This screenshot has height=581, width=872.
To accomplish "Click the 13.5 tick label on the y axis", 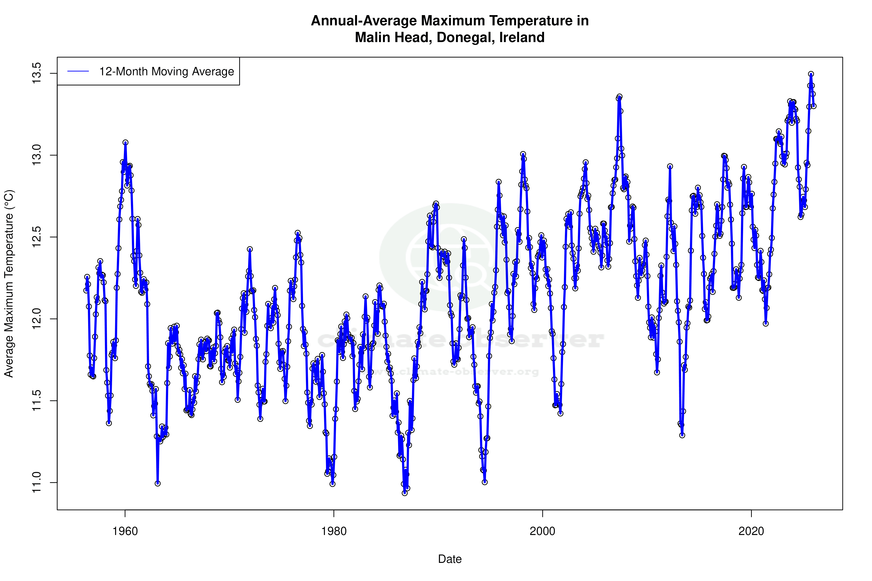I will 36,73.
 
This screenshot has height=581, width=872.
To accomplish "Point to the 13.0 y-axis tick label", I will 36,155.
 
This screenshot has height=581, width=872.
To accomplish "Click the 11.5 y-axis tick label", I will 36,401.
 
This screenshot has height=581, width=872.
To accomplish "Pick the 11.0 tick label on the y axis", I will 36,482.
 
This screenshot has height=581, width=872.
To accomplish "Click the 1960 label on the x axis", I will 125,531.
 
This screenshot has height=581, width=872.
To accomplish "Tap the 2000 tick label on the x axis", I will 543,531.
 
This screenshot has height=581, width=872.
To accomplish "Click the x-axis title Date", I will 450,559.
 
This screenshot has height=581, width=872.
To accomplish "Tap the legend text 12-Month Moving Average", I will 166,72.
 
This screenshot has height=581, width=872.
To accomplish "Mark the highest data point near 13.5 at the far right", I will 811,74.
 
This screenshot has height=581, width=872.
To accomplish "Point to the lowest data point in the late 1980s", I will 404,493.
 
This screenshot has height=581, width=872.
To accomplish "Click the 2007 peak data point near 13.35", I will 619,97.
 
